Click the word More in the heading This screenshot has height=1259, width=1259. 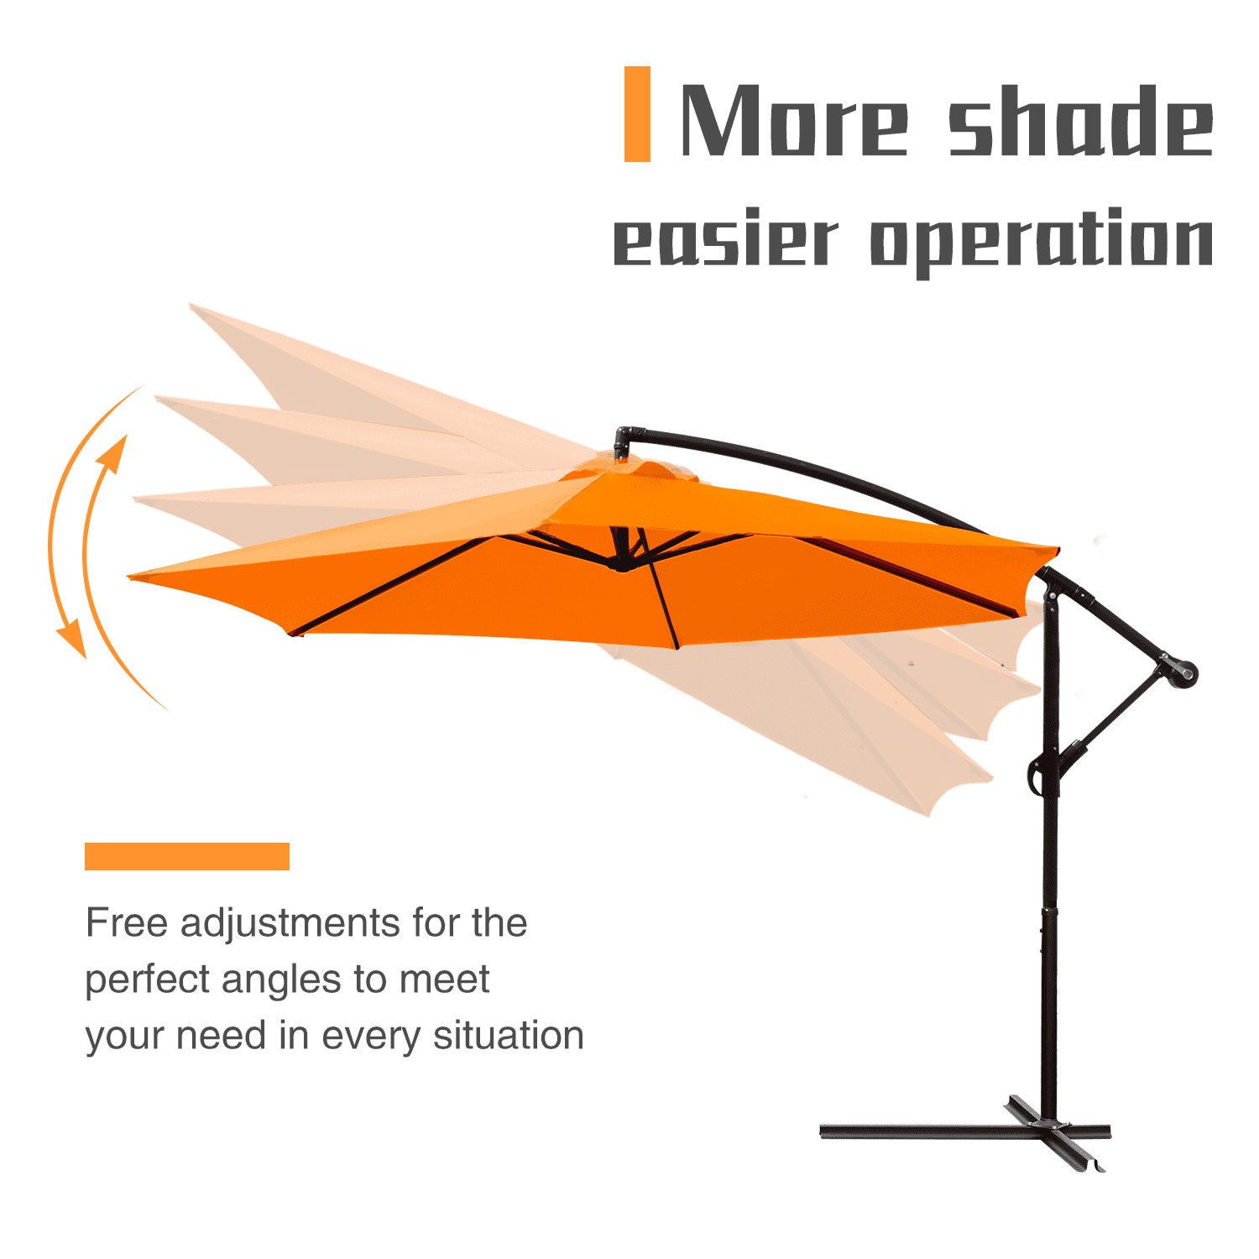[x=794, y=119]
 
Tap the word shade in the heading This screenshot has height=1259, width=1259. [x=1081, y=119]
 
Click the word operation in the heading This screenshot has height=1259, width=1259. [x=1042, y=242]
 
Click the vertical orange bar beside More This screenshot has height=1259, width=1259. [x=637, y=114]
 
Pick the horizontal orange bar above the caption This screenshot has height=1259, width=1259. [x=187, y=856]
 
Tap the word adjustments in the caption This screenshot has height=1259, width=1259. [x=290, y=926]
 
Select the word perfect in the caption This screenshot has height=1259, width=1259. [x=147, y=981]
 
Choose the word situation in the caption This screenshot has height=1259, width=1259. [x=508, y=1036]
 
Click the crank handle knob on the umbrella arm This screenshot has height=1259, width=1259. [x=1185, y=672]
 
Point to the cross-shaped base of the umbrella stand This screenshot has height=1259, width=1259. [x=965, y=1132]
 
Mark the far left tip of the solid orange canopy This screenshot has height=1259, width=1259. [x=128, y=577]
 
